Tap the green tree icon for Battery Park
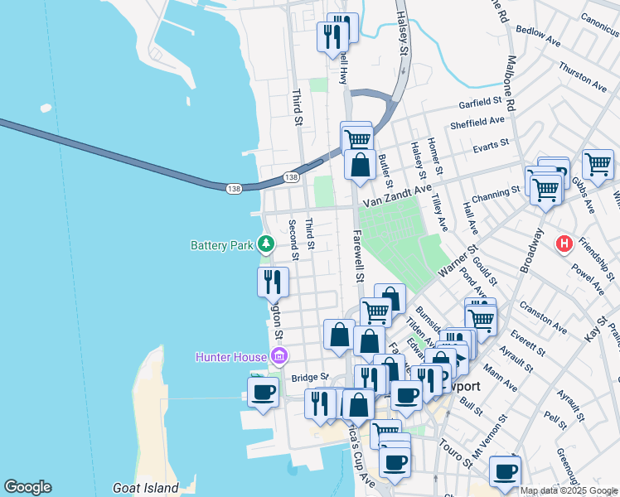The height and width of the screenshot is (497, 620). tap(266, 244)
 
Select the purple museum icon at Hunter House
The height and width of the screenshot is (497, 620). tap(279, 357)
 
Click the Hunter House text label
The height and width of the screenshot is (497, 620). tap(231, 358)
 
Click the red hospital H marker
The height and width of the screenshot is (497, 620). tap(564, 244)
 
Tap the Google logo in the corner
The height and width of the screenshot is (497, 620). tap(27, 487)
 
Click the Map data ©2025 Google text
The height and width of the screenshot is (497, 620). tap(568, 490)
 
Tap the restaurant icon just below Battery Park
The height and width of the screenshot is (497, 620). tap(273, 283)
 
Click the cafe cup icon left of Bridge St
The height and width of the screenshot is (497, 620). tap(264, 391)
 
